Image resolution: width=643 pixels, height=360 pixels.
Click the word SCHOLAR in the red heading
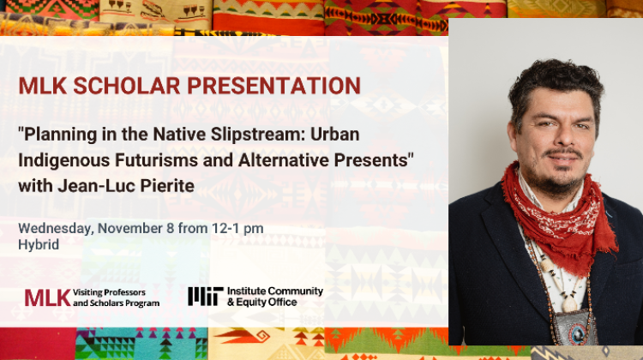pos(127,86)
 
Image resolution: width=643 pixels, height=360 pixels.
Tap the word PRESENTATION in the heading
pos(274,86)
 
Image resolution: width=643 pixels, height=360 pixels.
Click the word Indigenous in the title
pos(64,160)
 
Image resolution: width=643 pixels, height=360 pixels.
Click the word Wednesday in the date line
pos(56,228)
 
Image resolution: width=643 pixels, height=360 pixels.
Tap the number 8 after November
pos(171,228)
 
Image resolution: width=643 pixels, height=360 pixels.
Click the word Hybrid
pos(39,244)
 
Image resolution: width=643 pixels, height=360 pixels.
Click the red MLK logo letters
pos(47,297)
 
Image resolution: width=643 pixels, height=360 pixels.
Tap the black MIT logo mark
pos(206,296)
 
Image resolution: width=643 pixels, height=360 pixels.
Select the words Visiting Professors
pos(109,292)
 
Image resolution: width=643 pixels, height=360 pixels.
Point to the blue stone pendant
pos(578,333)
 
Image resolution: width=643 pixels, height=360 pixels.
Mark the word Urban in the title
pos(334,135)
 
